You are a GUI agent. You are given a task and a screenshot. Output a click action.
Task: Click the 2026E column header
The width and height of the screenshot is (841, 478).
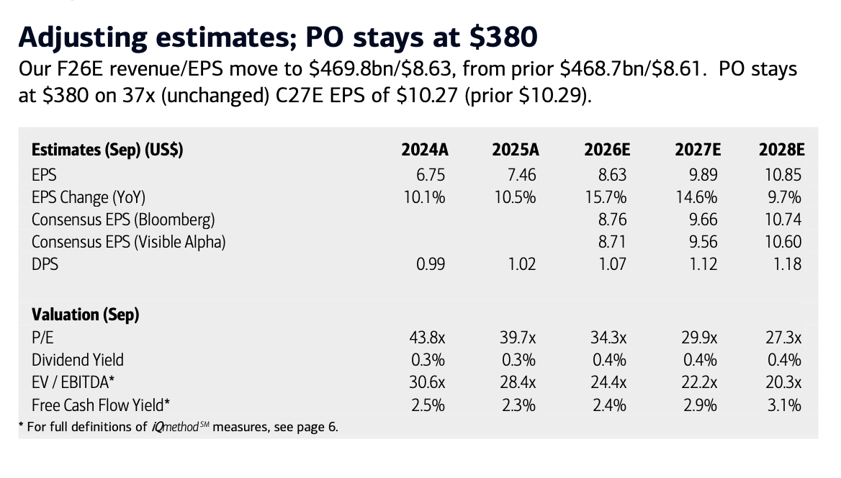tap(607, 150)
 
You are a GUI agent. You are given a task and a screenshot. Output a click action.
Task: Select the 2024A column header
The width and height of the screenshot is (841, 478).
tap(425, 150)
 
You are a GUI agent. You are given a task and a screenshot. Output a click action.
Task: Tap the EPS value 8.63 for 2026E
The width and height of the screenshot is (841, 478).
tap(612, 175)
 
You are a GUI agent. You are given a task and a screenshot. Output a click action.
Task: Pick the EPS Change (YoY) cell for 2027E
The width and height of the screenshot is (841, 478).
tap(696, 197)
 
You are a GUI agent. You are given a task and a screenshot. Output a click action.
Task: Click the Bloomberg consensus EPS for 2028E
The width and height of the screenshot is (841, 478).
tap(783, 220)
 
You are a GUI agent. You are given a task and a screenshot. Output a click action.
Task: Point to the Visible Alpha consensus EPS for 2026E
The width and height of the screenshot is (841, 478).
tap(612, 242)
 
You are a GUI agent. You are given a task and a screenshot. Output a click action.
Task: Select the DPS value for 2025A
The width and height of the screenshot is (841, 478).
tap(522, 264)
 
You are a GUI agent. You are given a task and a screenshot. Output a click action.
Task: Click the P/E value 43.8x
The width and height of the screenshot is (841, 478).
tap(427, 338)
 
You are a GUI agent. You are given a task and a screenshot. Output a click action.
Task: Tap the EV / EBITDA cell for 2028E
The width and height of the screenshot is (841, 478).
tap(783, 382)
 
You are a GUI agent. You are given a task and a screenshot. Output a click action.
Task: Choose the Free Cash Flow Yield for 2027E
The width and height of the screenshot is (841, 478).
tap(700, 405)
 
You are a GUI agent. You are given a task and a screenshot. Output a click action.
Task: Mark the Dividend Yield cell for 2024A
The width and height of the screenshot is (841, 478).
tap(428, 360)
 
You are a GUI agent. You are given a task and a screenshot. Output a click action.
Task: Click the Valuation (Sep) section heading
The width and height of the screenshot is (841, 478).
tap(85, 315)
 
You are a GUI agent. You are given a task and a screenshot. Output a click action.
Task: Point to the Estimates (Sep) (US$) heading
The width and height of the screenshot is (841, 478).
tap(107, 150)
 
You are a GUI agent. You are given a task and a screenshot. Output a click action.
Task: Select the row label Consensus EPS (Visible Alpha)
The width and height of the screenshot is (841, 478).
tap(129, 243)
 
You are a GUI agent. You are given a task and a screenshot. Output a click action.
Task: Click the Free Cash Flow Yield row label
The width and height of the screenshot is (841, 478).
tap(101, 405)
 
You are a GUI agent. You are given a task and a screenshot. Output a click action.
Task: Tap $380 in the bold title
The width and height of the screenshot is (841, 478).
tap(503, 37)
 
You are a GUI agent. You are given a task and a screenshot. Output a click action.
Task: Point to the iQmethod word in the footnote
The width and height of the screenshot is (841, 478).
tap(176, 427)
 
